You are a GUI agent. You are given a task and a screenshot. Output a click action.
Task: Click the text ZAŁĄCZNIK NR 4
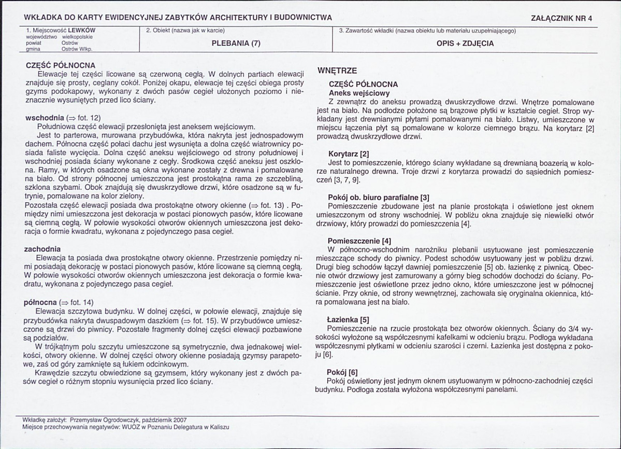click(x=561, y=18)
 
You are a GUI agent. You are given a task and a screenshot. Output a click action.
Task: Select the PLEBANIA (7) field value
click(x=236, y=44)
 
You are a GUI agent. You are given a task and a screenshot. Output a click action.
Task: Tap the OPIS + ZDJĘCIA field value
click(x=465, y=44)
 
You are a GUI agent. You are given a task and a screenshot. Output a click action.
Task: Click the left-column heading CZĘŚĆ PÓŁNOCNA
click(x=61, y=66)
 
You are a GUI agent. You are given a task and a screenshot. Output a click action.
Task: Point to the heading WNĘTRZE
click(x=337, y=71)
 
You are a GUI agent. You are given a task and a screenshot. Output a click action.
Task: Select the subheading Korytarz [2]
click(x=349, y=154)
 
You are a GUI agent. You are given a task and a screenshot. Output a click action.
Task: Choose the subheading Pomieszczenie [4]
click(x=359, y=241)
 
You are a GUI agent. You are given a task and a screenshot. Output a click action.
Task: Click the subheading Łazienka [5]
click(x=349, y=319)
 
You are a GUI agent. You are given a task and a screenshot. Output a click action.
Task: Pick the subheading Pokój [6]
click(x=343, y=372)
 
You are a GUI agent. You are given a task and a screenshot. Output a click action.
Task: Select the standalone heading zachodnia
click(x=42, y=249)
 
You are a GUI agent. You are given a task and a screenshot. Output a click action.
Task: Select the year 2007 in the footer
click(x=179, y=420)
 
